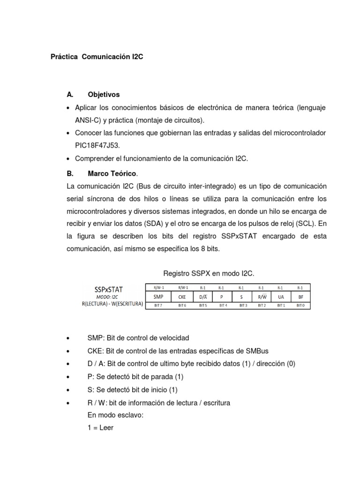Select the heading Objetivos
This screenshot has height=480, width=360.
(104, 95)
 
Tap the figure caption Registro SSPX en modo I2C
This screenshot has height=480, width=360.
(209, 273)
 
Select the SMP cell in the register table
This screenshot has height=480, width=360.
(159, 297)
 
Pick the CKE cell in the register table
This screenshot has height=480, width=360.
(182, 297)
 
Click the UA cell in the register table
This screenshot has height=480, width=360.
(280, 297)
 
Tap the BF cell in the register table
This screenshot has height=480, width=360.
(300, 297)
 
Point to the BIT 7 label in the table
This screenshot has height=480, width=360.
(159, 306)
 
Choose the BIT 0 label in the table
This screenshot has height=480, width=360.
(300, 306)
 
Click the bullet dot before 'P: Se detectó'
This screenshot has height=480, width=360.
(69, 377)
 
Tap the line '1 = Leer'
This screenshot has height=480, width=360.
(100, 427)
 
